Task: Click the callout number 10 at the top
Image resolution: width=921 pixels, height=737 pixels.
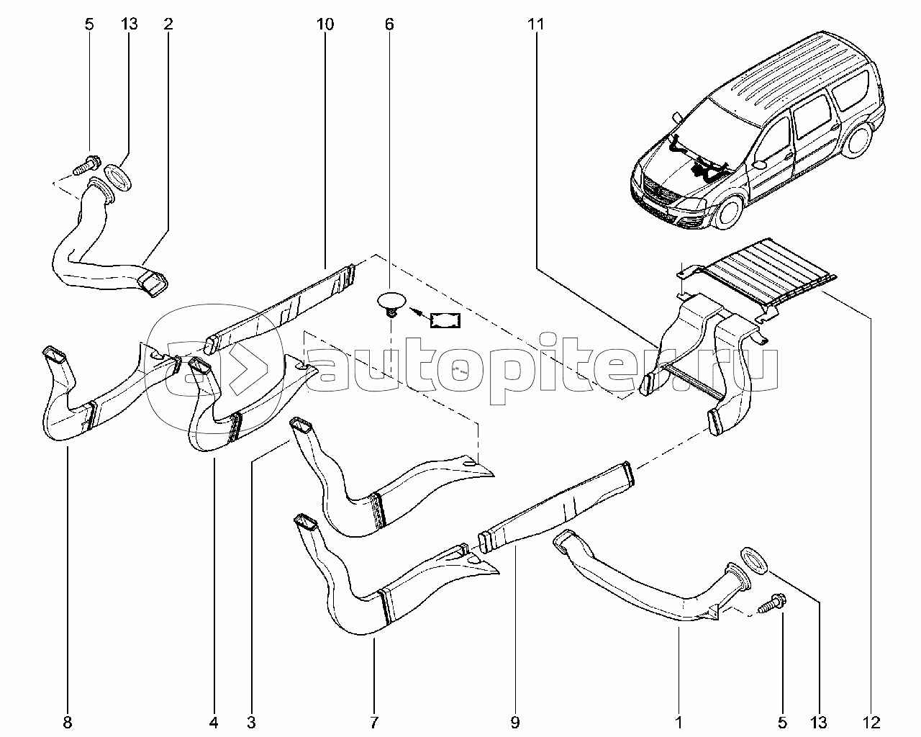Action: click(x=325, y=24)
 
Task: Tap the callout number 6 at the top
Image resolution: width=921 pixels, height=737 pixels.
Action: click(x=389, y=24)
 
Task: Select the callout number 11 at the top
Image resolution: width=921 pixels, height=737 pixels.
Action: click(x=536, y=24)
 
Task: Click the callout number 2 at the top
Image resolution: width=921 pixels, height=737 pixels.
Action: click(x=168, y=24)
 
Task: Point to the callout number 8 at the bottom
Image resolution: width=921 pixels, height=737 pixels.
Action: click(x=68, y=723)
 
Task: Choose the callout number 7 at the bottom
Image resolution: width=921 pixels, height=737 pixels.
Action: click(x=374, y=723)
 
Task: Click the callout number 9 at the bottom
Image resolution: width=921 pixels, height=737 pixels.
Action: click(x=515, y=723)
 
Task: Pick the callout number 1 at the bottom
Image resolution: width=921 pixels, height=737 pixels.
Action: click(x=679, y=723)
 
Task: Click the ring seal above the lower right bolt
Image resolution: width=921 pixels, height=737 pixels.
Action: click(x=753, y=561)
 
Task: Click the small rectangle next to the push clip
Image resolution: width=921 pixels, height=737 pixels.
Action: click(x=445, y=320)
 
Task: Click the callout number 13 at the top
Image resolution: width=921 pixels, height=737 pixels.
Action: click(x=129, y=24)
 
